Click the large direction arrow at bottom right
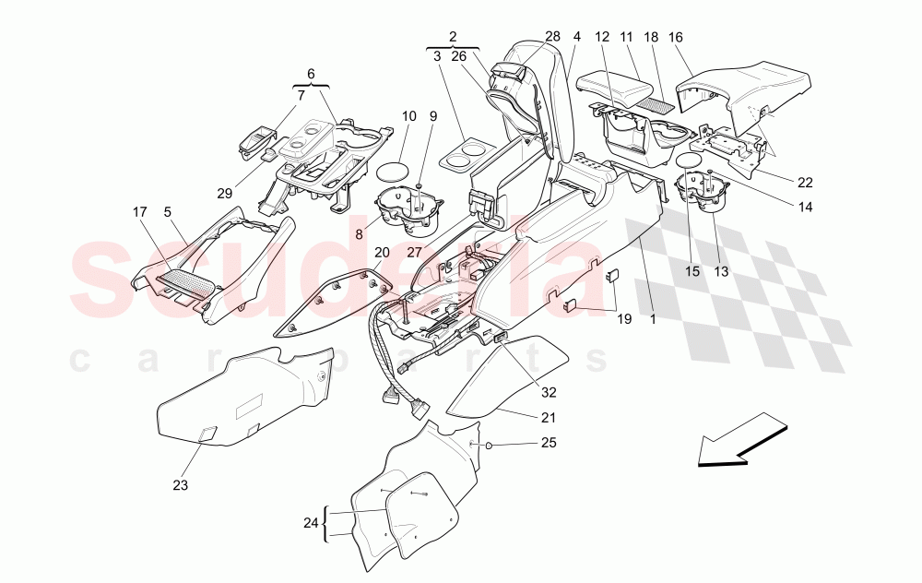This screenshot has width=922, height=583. pyautogui.click(x=742, y=445)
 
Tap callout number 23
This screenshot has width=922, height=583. pyautogui.click(x=180, y=484)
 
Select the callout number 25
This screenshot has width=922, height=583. pyautogui.click(x=550, y=444)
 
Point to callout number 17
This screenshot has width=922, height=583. pyautogui.click(x=140, y=211)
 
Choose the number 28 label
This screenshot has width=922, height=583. pyautogui.click(x=552, y=36)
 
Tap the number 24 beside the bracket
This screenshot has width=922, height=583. pyautogui.click(x=311, y=524)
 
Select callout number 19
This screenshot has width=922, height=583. pyautogui.click(x=624, y=320)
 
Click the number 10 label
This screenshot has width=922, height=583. pyautogui.click(x=409, y=116)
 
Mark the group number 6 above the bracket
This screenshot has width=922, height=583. pyautogui.click(x=311, y=73)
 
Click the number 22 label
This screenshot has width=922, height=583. pyautogui.click(x=806, y=182)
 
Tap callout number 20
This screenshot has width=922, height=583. pyautogui.click(x=382, y=253)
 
